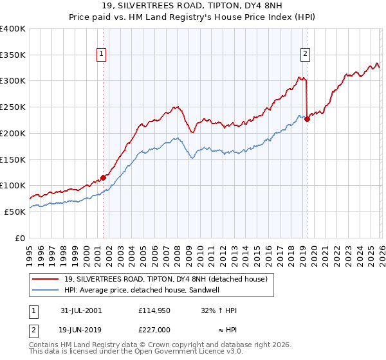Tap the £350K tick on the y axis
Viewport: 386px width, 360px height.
pos(13,55)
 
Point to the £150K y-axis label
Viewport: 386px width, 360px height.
pos(13,159)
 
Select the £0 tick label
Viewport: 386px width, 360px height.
pos(19,237)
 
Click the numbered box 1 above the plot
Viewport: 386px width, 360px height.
pos(102,55)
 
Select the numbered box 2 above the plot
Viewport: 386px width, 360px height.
pos(305,55)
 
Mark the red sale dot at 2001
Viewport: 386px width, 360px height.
pos(103,177)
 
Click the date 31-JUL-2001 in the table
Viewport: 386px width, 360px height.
pos(81,310)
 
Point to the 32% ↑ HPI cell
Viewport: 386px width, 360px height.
pos(219,310)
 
